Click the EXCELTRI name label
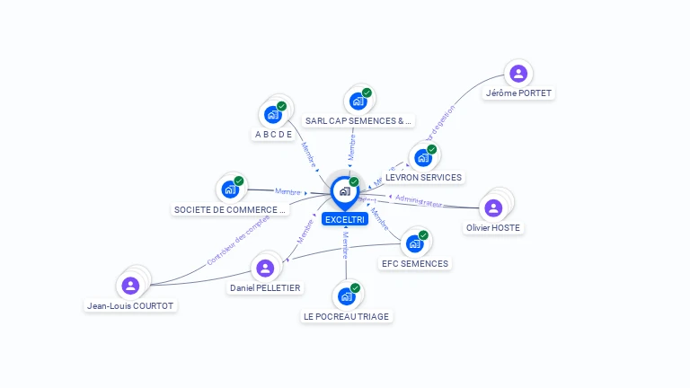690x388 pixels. pyautogui.click(x=345, y=219)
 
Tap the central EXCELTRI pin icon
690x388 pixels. pyautogui.click(x=345, y=191)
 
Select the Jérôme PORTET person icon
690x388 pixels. pyautogui.click(x=517, y=73)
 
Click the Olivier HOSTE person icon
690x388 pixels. pyautogui.click(x=492, y=207)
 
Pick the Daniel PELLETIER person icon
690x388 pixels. pyautogui.click(x=265, y=268)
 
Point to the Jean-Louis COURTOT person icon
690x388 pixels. pyautogui.click(x=130, y=286)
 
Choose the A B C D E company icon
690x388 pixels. pyautogui.click(x=272, y=115)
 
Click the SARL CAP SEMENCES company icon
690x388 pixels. pyautogui.click(x=358, y=101)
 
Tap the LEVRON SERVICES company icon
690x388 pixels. pyautogui.click(x=422, y=158)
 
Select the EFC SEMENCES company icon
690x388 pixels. pyautogui.click(x=414, y=243)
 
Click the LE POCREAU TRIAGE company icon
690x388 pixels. pyautogui.click(x=346, y=296)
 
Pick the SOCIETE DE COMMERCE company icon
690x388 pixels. pyautogui.click(x=230, y=190)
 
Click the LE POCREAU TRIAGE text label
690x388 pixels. pyautogui.click(x=347, y=316)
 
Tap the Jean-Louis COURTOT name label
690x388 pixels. pyautogui.click(x=130, y=305)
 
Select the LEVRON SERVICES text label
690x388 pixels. pyautogui.click(x=423, y=178)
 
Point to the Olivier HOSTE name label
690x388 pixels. pyautogui.click(x=493, y=227)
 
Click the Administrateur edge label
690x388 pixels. pyautogui.click(x=419, y=200)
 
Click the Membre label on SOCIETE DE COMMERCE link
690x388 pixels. pyautogui.click(x=288, y=191)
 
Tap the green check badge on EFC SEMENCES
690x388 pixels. pyautogui.click(x=423, y=235)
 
